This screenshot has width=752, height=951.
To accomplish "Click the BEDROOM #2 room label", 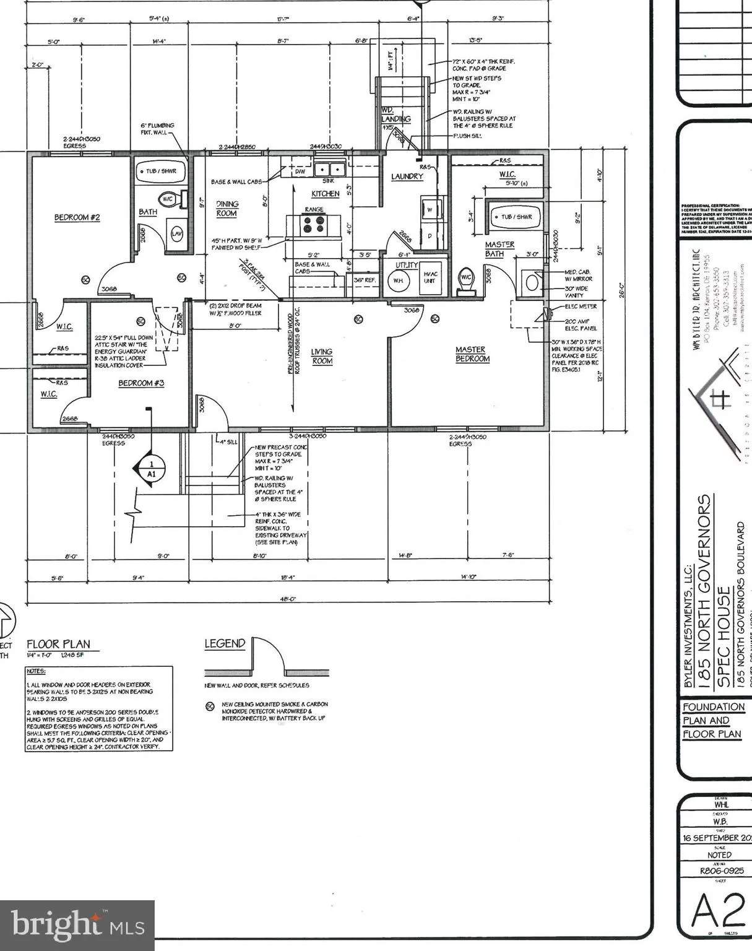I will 77,217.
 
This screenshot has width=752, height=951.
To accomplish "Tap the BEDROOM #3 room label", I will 141,383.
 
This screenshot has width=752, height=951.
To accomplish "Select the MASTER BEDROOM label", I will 472,354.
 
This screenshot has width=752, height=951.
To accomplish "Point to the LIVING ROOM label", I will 322,356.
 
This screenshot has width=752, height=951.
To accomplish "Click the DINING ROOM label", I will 227,208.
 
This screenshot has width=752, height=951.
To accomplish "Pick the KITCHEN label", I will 325,194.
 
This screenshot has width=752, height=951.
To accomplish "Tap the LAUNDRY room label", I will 407,176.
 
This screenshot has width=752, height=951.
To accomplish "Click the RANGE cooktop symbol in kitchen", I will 314,224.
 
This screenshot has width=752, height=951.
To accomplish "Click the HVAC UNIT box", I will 430,277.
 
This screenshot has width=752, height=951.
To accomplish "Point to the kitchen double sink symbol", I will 329,169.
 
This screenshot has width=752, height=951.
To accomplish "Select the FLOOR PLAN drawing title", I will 58,645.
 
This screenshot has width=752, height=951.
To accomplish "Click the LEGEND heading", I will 225,644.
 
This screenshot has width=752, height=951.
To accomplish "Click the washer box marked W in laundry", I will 430,209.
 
